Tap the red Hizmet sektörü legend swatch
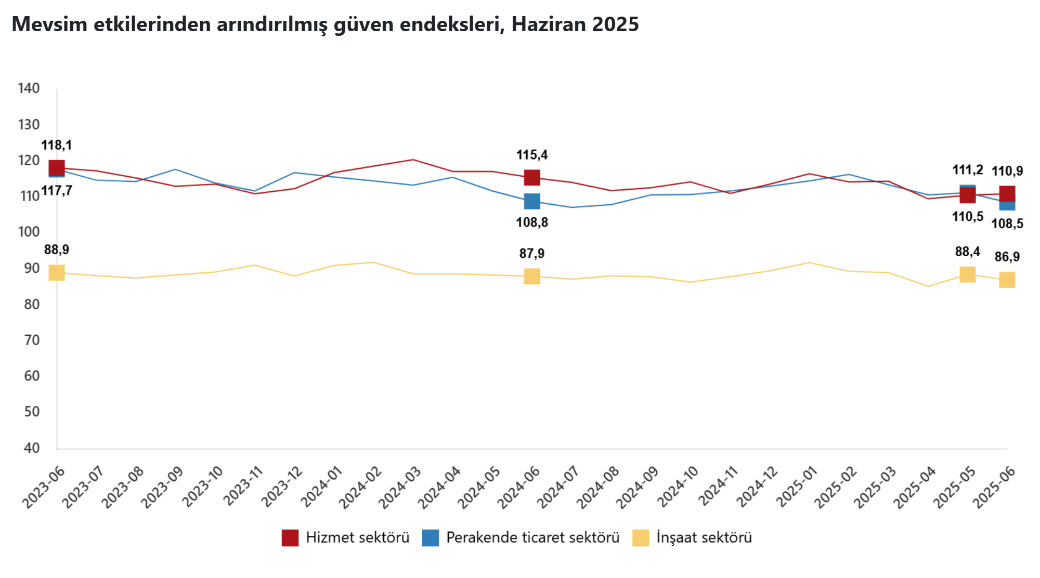click(290, 537)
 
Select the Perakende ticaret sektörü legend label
click(532, 537)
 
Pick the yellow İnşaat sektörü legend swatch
click(641, 537)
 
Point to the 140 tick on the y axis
click(29, 88)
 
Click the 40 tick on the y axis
click(32, 448)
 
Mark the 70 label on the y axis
click(32, 340)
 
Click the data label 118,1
click(57, 146)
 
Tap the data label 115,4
click(532, 155)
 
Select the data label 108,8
click(532, 222)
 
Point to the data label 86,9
click(1007, 257)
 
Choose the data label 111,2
click(968, 170)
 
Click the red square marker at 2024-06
click(532, 178)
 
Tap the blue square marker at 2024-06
click(532, 201)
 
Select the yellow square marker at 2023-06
click(57, 272)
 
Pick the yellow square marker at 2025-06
click(1007, 280)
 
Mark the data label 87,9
click(532, 254)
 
